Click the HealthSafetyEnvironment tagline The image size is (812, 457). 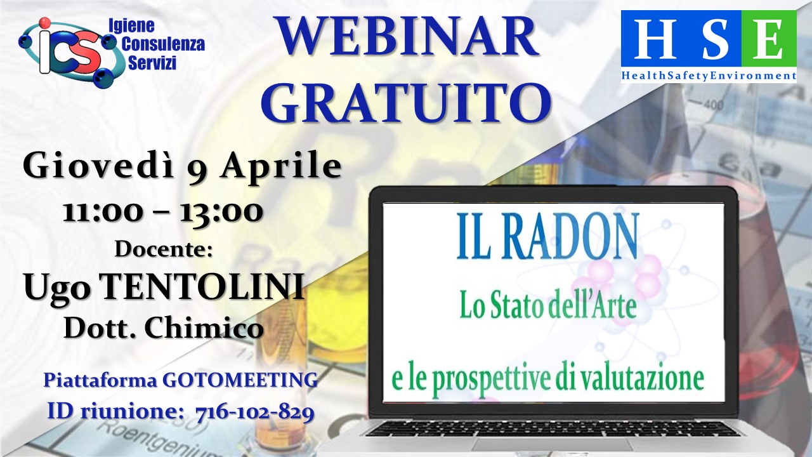coord(709,76)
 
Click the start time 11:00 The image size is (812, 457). coord(102,212)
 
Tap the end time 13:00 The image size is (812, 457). coord(221,212)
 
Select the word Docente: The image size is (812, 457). coord(164,249)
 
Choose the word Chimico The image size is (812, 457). coord(204,328)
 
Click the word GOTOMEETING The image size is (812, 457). coord(240,380)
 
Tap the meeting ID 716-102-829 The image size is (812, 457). coord(254,413)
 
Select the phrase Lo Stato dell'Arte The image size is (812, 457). coord(547,306)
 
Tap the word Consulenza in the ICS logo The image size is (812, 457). coord(163,44)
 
